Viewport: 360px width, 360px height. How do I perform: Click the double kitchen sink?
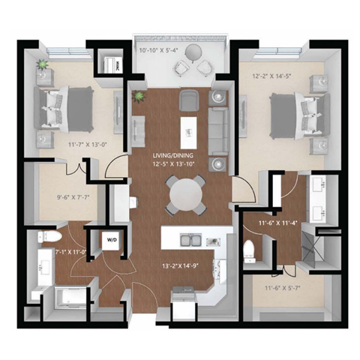pyautogui.click(x=190, y=241)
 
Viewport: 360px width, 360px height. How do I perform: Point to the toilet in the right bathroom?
pyautogui.click(x=252, y=247)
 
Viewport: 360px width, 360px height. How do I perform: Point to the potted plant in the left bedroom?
pyautogui.click(x=43, y=68)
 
